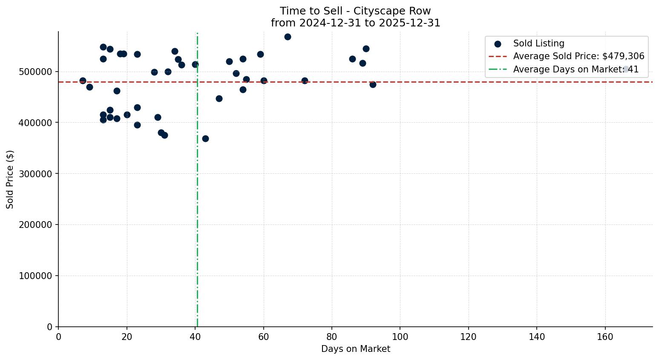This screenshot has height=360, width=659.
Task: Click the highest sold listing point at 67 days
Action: click(x=288, y=37)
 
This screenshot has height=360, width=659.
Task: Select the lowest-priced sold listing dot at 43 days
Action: click(x=205, y=138)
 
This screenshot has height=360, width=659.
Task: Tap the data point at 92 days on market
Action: click(x=373, y=84)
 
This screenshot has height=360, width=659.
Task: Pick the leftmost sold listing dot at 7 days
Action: click(x=83, y=81)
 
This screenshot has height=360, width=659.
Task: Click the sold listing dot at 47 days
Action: click(x=219, y=98)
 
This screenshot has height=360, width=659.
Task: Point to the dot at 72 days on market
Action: click(x=305, y=81)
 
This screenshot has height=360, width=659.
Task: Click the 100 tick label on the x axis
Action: click(x=400, y=337)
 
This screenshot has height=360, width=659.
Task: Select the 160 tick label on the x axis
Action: click(x=605, y=337)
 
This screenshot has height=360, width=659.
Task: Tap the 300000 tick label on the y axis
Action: click(x=36, y=174)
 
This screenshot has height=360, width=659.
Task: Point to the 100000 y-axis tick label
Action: click(x=36, y=276)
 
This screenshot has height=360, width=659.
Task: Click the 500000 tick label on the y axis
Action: click(x=36, y=72)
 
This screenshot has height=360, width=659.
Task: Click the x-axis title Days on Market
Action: click(x=356, y=349)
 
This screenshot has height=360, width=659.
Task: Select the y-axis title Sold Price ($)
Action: click(x=10, y=179)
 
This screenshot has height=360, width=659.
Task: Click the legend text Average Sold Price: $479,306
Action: click(x=578, y=56)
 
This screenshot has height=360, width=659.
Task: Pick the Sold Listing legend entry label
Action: click(x=538, y=43)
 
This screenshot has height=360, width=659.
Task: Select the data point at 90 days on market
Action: click(x=366, y=49)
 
